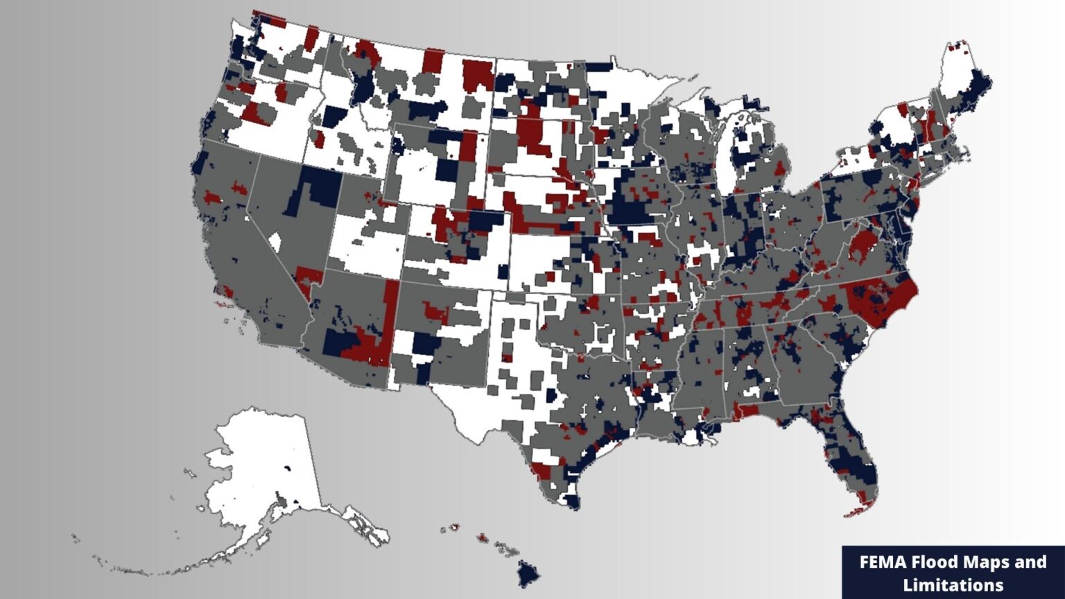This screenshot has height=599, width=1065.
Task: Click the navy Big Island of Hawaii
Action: [528, 573]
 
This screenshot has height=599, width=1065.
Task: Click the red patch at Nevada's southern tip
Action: [309, 277]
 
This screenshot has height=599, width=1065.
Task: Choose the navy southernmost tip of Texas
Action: [571, 501]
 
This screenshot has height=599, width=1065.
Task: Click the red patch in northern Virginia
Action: [863, 245]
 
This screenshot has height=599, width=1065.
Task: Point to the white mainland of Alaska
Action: [263, 458]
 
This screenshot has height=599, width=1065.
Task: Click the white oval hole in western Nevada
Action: [275, 242]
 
